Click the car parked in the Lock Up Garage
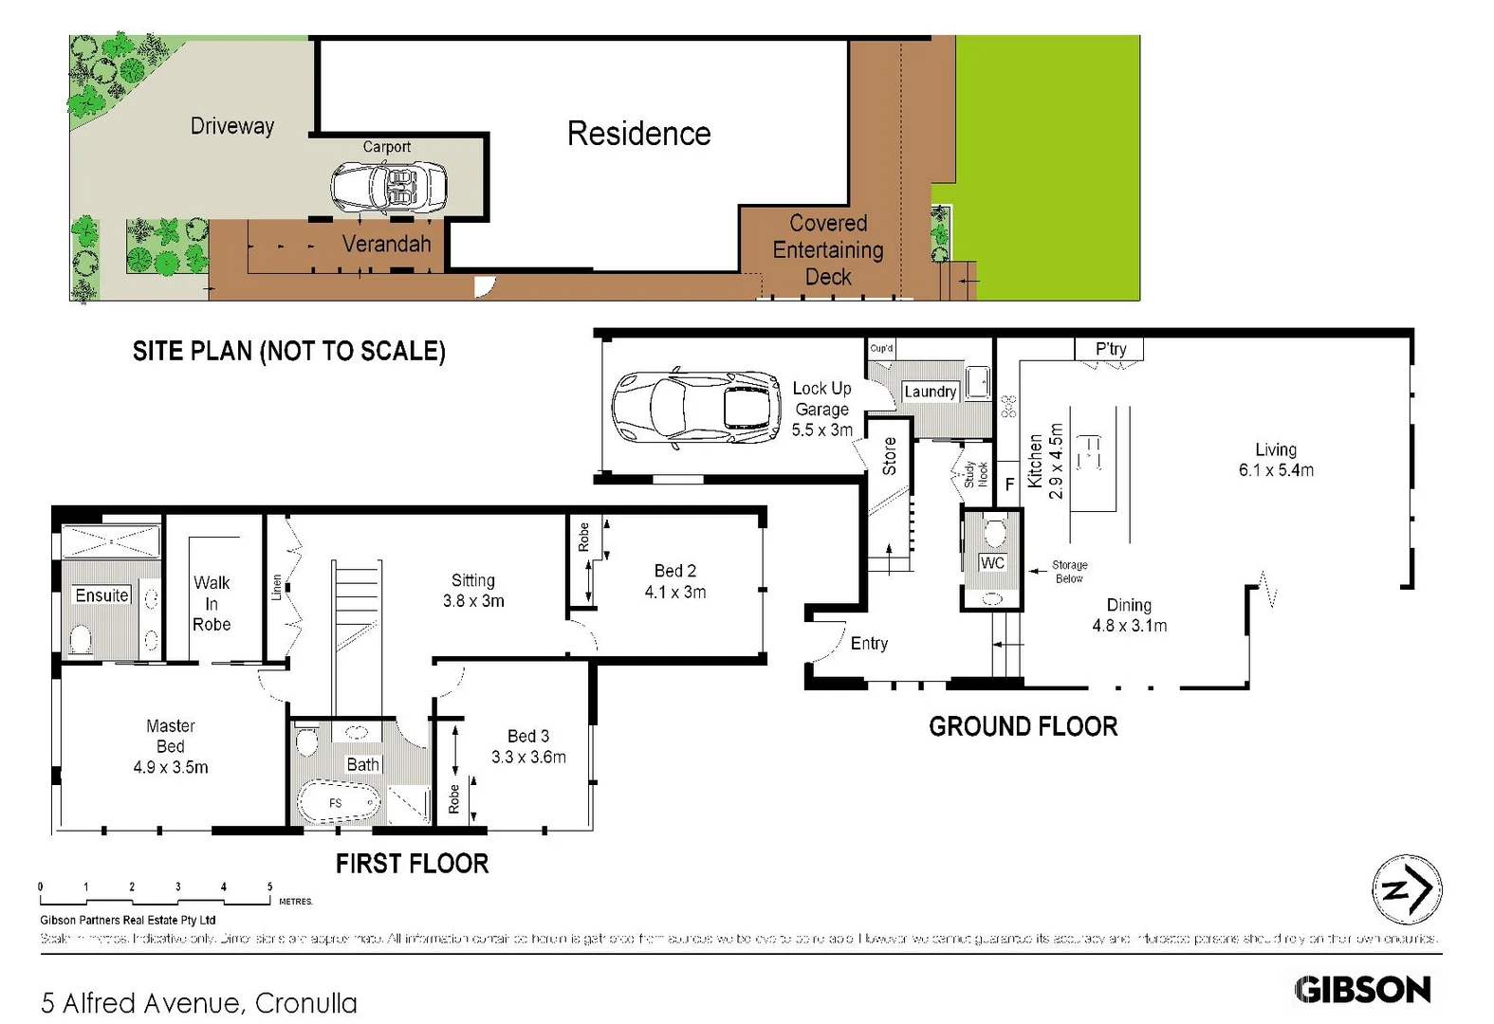click(x=697, y=408)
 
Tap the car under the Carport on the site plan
click(x=389, y=186)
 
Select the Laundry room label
click(x=930, y=392)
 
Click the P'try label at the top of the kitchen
click(x=1110, y=349)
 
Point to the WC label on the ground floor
click(x=992, y=562)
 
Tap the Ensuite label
click(x=101, y=595)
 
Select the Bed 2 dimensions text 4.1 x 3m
click(x=674, y=593)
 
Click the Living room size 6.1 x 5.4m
click(x=1276, y=470)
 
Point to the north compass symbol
click(x=1406, y=889)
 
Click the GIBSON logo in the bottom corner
click(x=1362, y=990)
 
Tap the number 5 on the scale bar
click(x=269, y=887)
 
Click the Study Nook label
click(x=975, y=473)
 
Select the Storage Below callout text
click(x=1069, y=572)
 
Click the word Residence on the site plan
click(x=638, y=134)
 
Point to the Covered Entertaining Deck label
click(x=827, y=250)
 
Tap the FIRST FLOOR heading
click(x=412, y=864)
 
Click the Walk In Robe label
click(x=212, y=603)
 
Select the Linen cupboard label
click(x=276, y=588)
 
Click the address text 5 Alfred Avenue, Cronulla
click(x=199, y=1002)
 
